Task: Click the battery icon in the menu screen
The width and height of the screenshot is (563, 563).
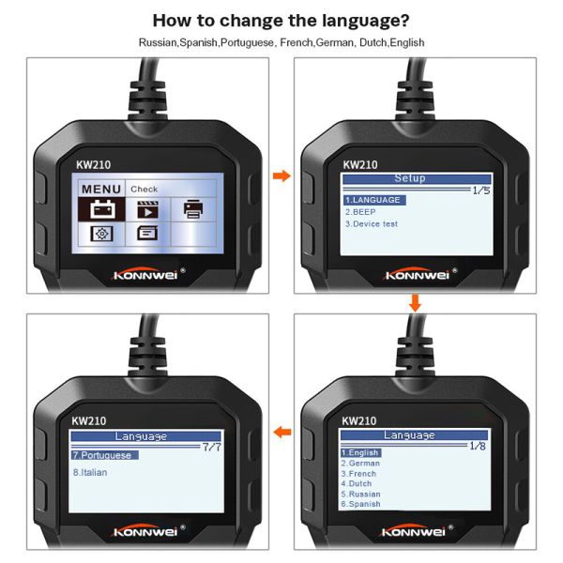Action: point(102,209)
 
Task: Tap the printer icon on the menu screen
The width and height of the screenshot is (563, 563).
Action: point(193,209)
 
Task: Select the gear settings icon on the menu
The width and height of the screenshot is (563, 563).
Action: point(101,234)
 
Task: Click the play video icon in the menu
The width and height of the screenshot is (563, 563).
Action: point(147,210)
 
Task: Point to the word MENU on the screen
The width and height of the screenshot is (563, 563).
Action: point(101,190)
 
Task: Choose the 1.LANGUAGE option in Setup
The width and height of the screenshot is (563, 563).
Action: point(374,200)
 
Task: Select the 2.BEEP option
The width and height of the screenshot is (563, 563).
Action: point(360,212)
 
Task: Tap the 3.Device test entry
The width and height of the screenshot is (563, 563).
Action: point(372,224)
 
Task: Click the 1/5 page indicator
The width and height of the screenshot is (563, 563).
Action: point(481,190)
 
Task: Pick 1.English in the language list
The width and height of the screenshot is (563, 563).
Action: point(360,452)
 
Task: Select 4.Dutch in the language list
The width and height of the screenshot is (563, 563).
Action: point(357,483)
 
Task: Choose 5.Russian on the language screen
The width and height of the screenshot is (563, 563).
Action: point(360,495)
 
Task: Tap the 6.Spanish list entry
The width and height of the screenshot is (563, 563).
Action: point(360,504)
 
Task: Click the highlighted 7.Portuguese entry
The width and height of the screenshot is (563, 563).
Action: point(104,455)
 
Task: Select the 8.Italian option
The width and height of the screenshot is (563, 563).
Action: point(90,473)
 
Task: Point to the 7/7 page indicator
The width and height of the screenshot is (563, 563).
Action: point(211,448)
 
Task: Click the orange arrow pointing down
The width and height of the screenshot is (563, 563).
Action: point(415,303)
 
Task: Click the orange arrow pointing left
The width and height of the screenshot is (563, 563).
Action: point(282,432)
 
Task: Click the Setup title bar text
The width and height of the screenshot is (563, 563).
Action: point(410,178)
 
